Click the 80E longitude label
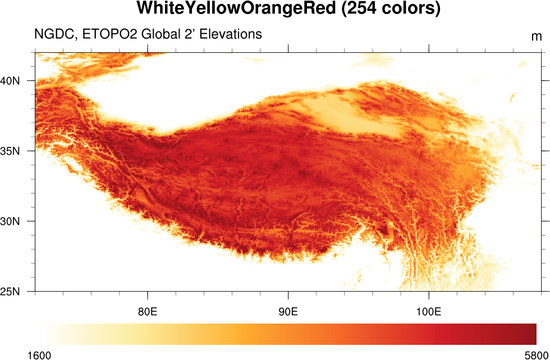148,311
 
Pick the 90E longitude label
288,311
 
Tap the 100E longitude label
429,311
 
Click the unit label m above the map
537,37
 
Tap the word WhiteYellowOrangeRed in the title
235,9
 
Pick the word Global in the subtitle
160,34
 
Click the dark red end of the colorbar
531,334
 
